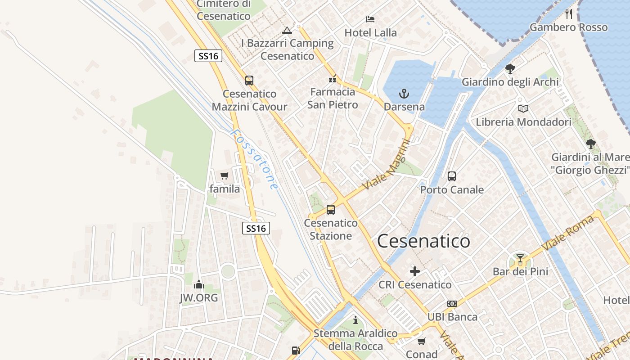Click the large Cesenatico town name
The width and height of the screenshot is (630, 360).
[x=423, y=241]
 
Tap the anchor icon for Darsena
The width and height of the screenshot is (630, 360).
[x=404, y=94]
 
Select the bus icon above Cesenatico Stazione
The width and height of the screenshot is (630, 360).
[x=331, y=209]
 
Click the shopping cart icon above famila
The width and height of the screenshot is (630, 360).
[x=224, y=175]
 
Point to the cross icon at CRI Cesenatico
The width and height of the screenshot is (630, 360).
[x=415, y=271]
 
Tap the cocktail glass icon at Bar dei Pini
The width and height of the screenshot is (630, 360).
[x=520, y=258]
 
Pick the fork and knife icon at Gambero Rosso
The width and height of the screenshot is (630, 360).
[x=569, y=14]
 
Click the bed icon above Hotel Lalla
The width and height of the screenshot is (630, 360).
[x=370, y=19]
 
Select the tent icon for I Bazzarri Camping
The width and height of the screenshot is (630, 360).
[x=287, y=31]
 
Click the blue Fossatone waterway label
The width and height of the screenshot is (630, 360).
[x=254, y=159]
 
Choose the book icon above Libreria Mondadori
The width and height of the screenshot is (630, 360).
[x=523, y=108]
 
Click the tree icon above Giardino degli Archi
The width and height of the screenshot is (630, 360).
[x=510, y=69]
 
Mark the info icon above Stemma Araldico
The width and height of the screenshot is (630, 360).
[x=355, y=320]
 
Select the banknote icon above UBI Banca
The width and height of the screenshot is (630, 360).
[x=452, y=304]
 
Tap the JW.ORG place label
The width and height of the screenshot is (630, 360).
[x=198, y=297]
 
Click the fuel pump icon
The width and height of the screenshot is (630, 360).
[x=296, y=350]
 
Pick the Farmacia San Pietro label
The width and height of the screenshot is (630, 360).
[x=333, y=98]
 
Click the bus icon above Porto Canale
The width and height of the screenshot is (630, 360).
[x=452, y=176]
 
